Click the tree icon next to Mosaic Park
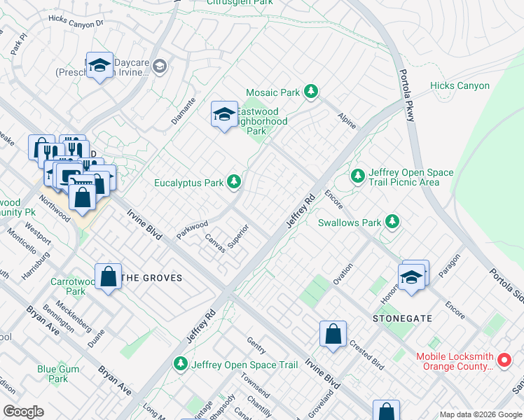(x=312, y=92)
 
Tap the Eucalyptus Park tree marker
(x=235, y=183)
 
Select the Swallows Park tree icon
(x=393, y=223)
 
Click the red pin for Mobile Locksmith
(x=504, y=361)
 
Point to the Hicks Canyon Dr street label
(x=76, y=22)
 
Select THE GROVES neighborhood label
(x=152, y=278)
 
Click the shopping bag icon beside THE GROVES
(x=109, y=276)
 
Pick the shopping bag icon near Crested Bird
(x=333, y=333)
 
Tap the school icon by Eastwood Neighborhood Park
(x=224, y=115)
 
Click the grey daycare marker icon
(x=160, y=66)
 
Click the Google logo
(x=23, y=412)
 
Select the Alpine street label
(x=347, y=120)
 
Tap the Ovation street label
(x=343, y=273)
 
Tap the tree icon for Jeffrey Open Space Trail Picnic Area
(x=358, y=175)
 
